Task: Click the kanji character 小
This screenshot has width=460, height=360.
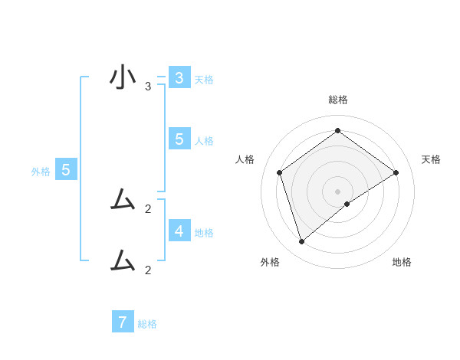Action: [x=122, y=78]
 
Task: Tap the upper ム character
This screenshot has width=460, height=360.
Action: [x=122, y=200]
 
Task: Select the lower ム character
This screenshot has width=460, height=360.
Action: [x=122, y=261]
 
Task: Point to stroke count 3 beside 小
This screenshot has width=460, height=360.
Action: [x=148, y=87]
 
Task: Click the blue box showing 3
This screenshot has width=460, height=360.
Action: [x=179, y=78]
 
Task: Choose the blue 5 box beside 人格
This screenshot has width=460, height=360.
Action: [x=179, y=139]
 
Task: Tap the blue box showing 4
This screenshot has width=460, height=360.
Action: [x=179, y=230]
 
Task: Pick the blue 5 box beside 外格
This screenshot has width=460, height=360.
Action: [x=66, y=171]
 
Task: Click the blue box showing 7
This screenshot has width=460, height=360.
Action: [x=123, y=322]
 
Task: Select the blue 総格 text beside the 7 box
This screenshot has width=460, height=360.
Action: [x=147, y=324]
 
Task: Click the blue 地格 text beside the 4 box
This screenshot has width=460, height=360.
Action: [x=204, y=232]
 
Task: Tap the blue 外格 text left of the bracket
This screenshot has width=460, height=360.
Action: [x=41, y=172]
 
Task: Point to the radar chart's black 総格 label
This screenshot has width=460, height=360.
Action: [x=338, y=100]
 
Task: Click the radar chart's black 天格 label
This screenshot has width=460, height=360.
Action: [x=431, y=159]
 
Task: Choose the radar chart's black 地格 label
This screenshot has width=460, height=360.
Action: [x=402, y=263]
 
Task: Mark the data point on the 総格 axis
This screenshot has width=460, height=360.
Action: [x=337, y=130]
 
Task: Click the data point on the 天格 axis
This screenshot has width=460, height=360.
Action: [x=396, y=172]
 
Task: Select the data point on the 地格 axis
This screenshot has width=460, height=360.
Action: [x=347, y=204]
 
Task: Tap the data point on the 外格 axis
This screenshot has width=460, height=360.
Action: [x=301, y=242]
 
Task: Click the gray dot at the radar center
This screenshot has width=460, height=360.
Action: [x=337, y=191]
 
